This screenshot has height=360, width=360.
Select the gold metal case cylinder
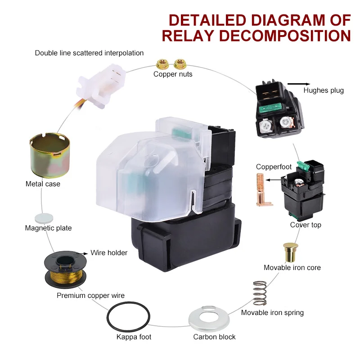[49, 156]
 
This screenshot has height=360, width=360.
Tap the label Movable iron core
[292, 268]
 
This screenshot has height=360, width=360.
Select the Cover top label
[306, 225]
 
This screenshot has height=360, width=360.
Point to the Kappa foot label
[134, 337]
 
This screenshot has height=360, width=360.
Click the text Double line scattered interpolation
[90, 53]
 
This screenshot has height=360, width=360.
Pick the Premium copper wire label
[91, 296]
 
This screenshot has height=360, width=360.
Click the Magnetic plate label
[49, 228]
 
